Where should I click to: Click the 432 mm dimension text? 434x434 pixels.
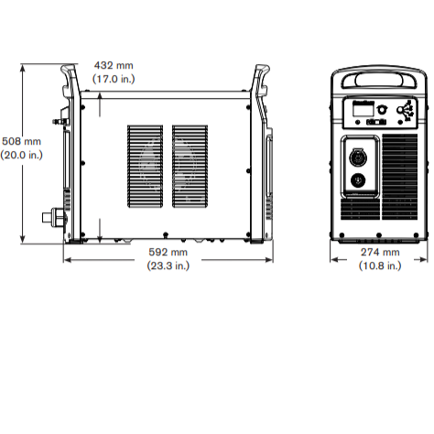[114, 65]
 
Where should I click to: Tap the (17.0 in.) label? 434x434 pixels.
[114, 79]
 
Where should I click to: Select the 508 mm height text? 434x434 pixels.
[21, 141]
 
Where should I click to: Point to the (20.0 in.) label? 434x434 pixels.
[21, 155]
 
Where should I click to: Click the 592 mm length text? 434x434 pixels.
[168, 252]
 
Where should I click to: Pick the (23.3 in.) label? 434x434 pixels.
[168, 266]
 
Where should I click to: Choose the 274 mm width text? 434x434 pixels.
[380, 252]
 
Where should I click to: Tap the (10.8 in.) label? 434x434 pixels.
[380, 266]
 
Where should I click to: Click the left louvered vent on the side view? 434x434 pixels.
[145, 167]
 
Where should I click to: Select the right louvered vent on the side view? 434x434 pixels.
[190, 167]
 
